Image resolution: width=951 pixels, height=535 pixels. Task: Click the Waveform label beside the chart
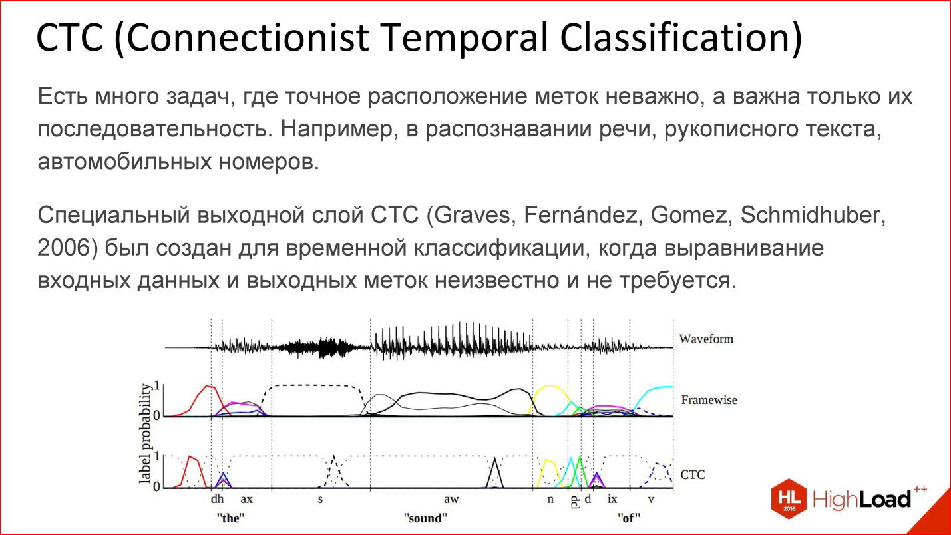point(705,339)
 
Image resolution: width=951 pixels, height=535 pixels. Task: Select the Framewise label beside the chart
point(709,400)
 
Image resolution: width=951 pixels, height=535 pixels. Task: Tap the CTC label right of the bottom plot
point(692,475)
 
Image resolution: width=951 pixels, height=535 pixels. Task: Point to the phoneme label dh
point(217,499)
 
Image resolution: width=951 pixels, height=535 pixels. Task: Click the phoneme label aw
point(451,499)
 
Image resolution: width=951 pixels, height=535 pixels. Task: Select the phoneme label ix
point(612,499)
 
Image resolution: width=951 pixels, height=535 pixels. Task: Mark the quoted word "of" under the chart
point(629,518)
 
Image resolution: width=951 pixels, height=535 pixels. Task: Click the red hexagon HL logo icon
point(789,499)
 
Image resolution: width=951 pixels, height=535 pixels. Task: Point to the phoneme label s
point(320,499)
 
